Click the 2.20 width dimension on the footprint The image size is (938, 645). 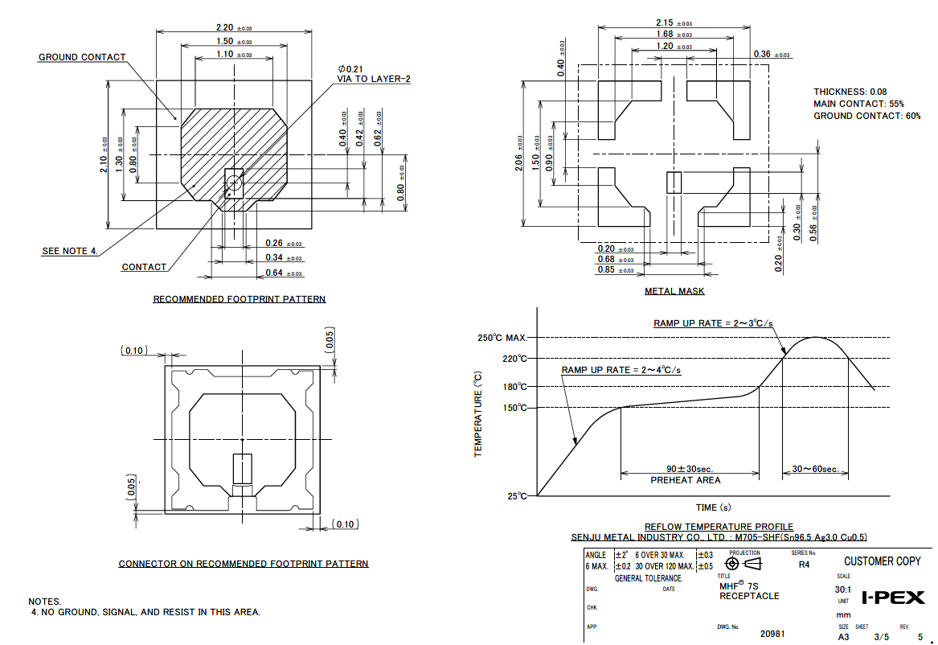pos(225,27)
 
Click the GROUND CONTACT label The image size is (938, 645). pos(82,57)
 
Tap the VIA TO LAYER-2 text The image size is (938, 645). pos(374,79)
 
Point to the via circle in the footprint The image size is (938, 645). pos(234,183)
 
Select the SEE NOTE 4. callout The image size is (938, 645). pos(70,251)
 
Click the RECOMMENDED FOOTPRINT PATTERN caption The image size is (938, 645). pos(240,299)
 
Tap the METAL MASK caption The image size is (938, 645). pos(674,291)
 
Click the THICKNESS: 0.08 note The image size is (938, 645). pos(850,92)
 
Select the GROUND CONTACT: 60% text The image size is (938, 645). pos(867,116)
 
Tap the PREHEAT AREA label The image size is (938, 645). pos(685,480)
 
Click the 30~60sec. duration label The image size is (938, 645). pos(815,469)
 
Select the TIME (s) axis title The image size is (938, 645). pos(713,507)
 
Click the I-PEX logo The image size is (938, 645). pos(893,598)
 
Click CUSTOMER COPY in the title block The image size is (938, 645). pos(882,561)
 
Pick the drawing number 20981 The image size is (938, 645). pos(772,634)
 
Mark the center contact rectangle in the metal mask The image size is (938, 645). pos(674,183)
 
